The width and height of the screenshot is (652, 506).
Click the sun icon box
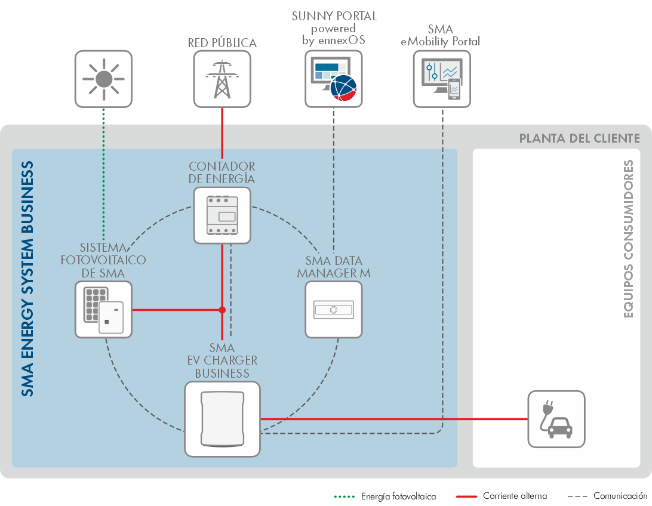point(103,79)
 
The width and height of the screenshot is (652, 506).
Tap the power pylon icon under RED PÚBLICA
point(222,79)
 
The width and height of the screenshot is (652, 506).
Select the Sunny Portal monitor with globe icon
point(333,79)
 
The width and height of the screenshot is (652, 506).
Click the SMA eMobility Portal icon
point(442,79)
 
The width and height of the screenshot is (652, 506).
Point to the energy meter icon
point(222,215)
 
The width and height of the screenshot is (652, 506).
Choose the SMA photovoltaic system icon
point(103,310)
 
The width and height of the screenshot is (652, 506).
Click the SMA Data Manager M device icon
point(333,310)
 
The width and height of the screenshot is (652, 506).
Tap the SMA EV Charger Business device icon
point(222,419)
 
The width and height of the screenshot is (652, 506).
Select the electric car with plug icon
point(556,419)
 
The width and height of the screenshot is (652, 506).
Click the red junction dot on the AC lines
point(222,310)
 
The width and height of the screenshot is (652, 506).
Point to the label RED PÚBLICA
point(222,43)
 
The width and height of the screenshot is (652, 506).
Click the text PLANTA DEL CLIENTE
point(579,138)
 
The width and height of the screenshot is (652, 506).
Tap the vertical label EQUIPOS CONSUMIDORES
point(628,239)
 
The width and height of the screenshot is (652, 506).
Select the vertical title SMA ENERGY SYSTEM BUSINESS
point(27,279)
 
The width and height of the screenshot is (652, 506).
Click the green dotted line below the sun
point(103,173)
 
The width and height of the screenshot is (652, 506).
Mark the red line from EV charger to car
point(394,419)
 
